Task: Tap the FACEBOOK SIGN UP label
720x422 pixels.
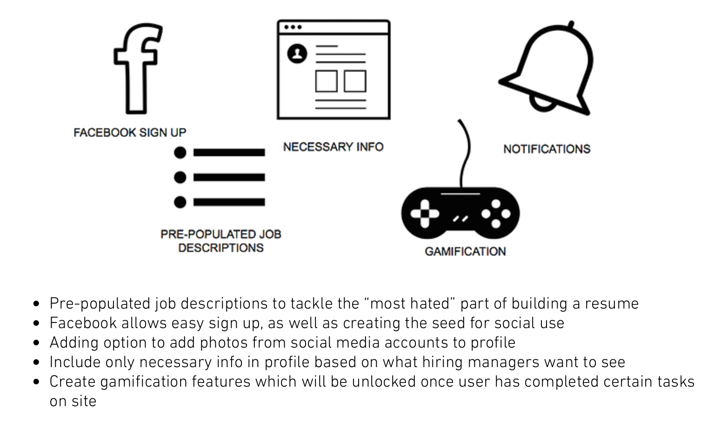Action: pyautogui.click(x=130, y=132)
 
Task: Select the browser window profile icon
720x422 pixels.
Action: pyautogui.click(x=333, y=70)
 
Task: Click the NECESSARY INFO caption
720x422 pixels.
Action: pyautogui.click(x=333, y=147)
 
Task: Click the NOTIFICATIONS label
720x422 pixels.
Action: pyautogui.click(x=547, y=149)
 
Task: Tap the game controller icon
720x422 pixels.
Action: pyautogui.click(x=460, y=213)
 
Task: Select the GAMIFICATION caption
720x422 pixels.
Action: pyautogui.click(x=465, y=251)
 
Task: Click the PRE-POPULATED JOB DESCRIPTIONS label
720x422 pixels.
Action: pyautogui.click(x=221, y=241)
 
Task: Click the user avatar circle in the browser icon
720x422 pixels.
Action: pyautogui.click(x=297, y=53)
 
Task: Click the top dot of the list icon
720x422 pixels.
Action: pyautogui.click(x=180, y=152)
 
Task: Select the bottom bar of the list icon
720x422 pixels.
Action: pyautogui.click(x=229, y=202)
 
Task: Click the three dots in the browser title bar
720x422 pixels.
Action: pyautogui.click(x=293, y=27)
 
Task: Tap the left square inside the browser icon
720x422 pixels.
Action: pyautogui.click(x=326, y=81)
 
